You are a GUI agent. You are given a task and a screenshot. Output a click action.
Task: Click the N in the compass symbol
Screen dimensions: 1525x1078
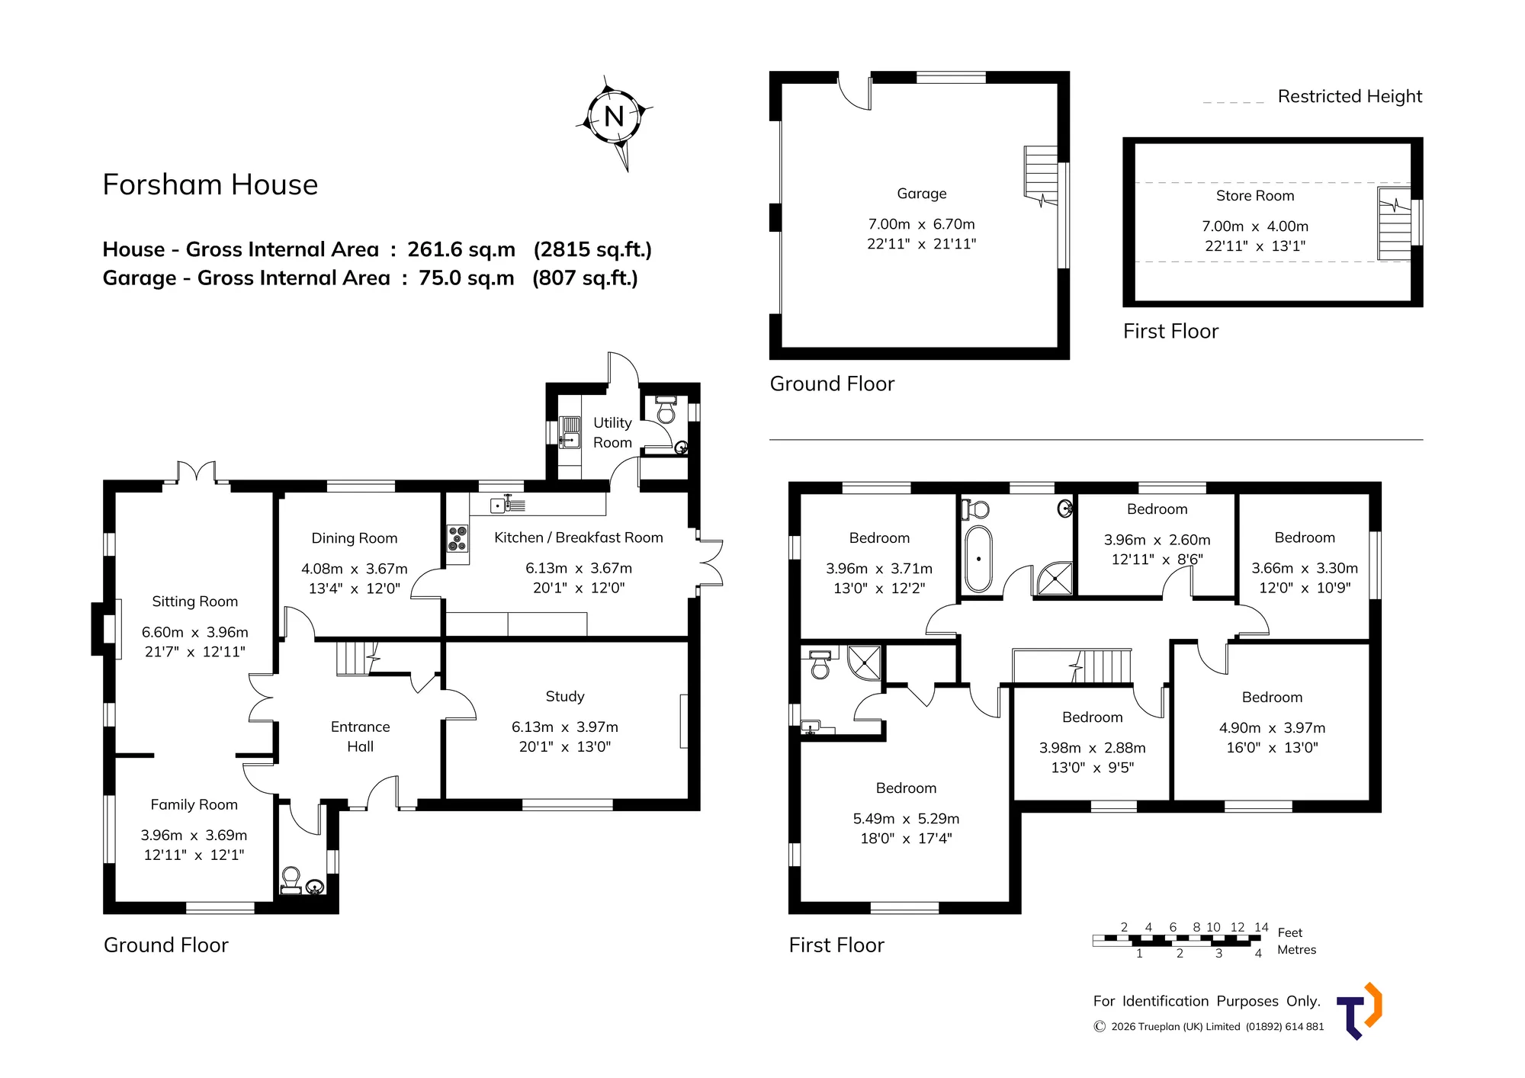pos(614,117)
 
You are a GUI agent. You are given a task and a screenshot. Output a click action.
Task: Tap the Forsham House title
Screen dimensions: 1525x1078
pos(210,184)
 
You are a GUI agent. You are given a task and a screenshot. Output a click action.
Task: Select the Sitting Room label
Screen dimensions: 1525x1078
pos(195,602)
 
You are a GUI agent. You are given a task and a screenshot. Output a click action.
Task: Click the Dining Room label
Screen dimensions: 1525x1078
pos(355,538)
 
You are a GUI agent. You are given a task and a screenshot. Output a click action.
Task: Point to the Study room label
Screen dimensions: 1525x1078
pos(565,696)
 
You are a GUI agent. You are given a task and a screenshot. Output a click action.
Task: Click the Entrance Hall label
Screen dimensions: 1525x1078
pos(360,736)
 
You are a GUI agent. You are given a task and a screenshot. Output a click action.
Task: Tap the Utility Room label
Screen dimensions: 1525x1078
pos(612,432)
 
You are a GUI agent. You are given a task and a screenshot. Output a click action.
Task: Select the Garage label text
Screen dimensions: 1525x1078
pos(922,194)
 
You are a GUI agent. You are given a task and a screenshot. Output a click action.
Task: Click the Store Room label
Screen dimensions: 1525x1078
pos(1255,196)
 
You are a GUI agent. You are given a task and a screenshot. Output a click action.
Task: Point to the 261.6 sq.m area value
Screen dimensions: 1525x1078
pos(461,249)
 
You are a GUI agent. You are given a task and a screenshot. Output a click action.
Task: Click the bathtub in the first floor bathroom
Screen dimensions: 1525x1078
pos(978,559)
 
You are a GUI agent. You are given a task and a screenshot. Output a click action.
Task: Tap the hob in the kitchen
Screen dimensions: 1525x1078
pos(457,537)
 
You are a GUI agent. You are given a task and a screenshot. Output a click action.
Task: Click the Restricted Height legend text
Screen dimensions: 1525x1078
pos(1350,97)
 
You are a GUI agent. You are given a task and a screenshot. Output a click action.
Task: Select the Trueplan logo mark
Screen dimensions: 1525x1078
pos(1360,1011)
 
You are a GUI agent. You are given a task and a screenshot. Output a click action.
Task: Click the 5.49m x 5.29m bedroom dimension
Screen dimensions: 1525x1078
pos(906,819)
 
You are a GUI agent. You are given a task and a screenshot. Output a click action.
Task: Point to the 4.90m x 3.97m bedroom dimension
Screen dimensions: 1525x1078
pos(1272,728)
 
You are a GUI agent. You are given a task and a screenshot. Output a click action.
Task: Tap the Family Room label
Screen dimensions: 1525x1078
pos(194,805)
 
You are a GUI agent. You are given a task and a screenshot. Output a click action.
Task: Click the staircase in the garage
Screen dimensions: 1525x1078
pos(1041,176)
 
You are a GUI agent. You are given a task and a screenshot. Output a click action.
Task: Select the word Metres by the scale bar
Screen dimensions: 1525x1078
pos(1297,950)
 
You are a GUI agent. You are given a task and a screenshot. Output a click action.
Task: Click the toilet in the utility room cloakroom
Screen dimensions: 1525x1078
pos(666,409)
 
